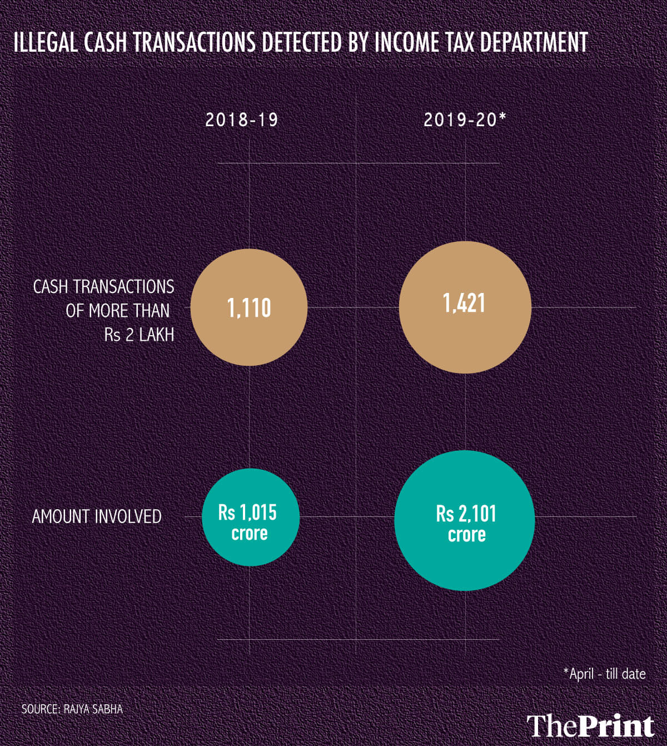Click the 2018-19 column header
242,120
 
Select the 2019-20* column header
465,120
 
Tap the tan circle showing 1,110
249,307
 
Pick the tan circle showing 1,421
465,307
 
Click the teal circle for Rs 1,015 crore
250,517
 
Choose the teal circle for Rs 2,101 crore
465,520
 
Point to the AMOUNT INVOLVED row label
97,516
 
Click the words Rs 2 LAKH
139,335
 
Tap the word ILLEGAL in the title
46,42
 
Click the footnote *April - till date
604,674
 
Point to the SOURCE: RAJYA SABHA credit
72,709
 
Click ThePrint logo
590,725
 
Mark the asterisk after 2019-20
502,117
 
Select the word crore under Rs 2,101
466,535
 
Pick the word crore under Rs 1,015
250,533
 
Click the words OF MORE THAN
117,311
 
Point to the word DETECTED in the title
303,42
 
